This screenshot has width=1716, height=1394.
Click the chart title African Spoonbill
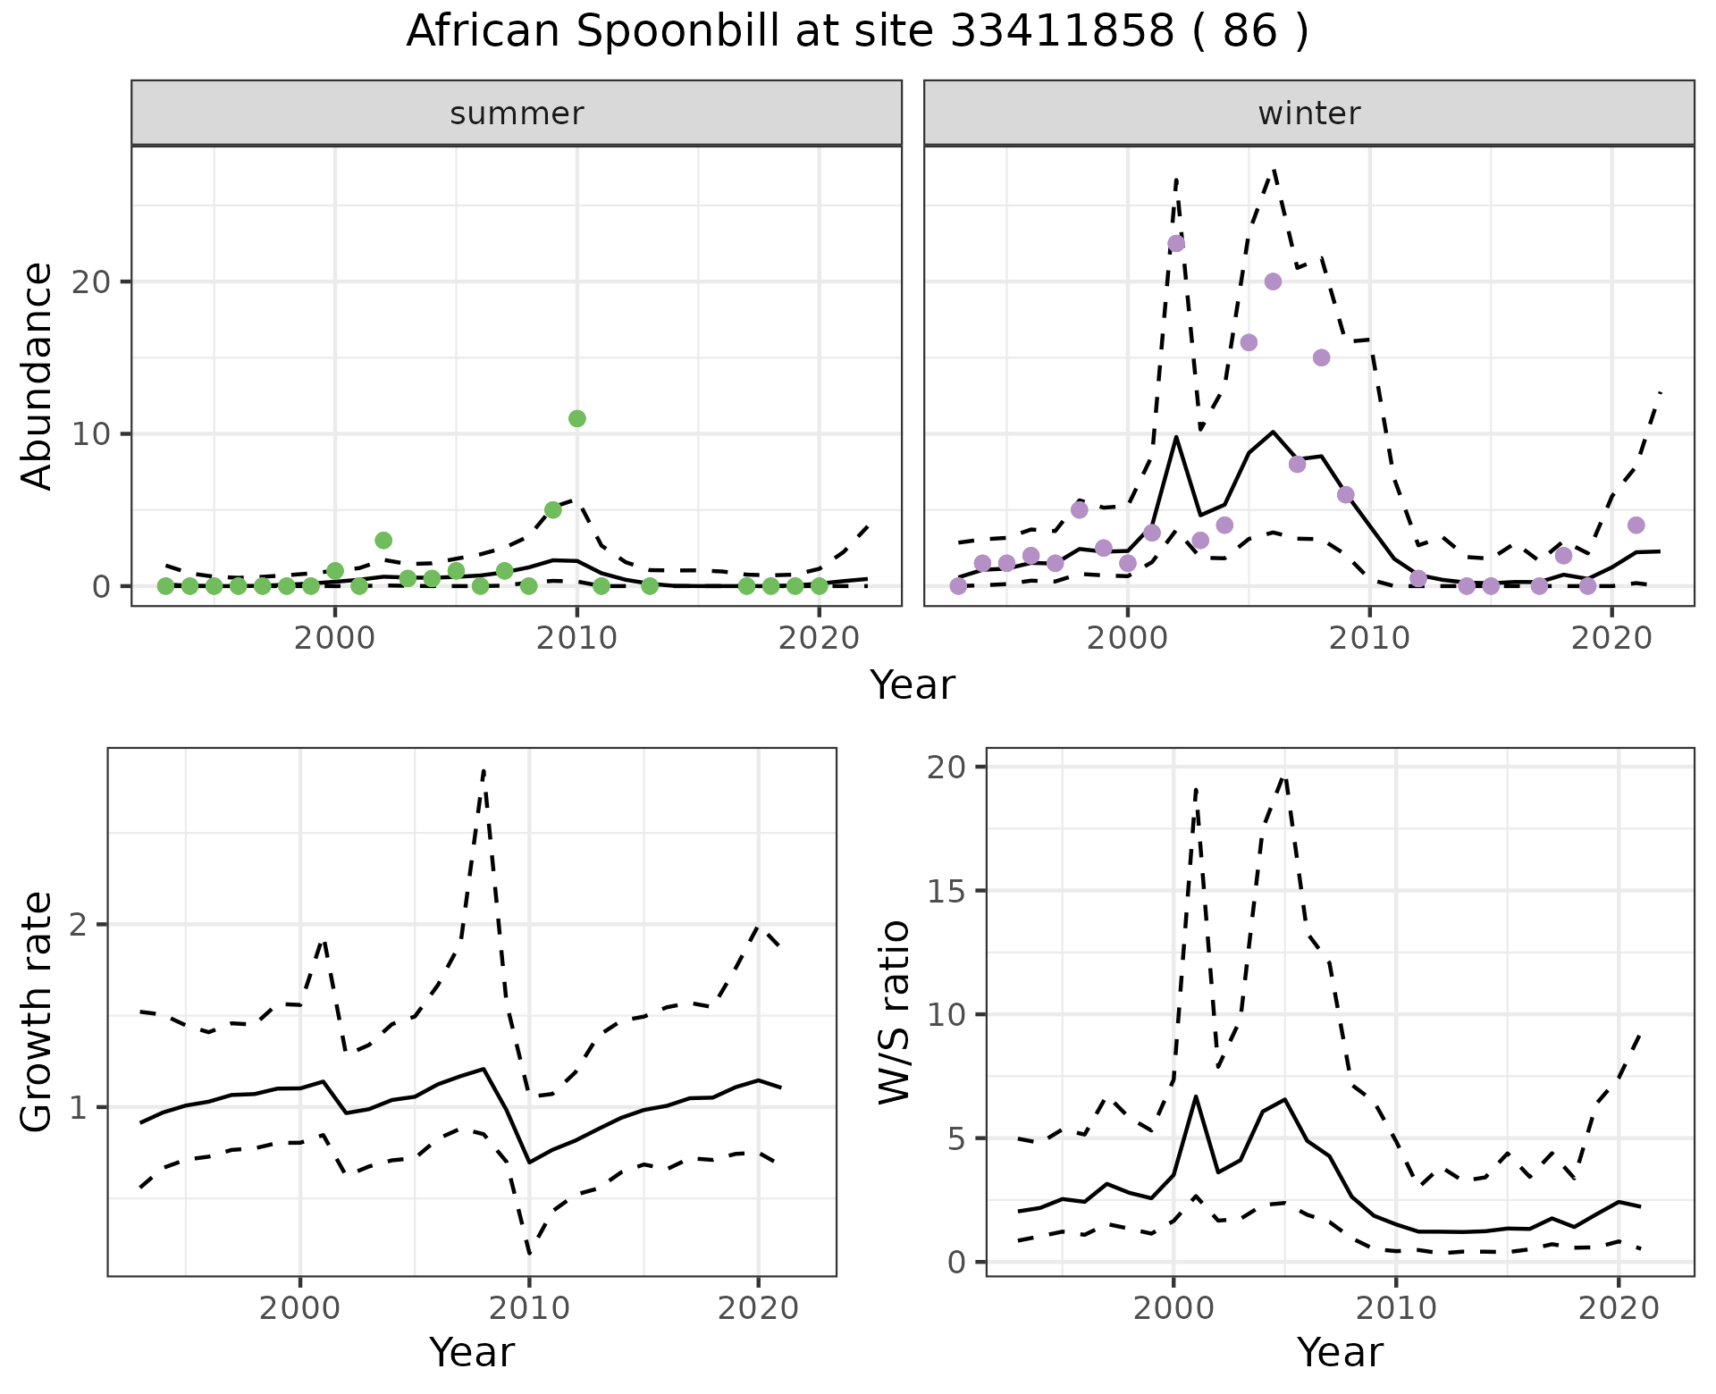(857, 32)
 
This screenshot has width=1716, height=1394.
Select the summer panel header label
(517, 113)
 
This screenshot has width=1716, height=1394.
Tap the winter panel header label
(1308, 113)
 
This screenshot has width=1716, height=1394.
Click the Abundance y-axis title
(38, 376)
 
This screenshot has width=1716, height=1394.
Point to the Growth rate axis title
(38, 1012)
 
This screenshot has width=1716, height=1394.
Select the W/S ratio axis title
(895, 1012)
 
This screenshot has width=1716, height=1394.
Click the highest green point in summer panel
(576, 418)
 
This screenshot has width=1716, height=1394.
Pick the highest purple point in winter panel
(1176, 243)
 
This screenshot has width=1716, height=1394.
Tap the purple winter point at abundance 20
(1273, 281)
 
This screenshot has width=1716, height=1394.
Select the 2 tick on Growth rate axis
(80, 925)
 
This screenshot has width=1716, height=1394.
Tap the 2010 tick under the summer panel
(576, 639)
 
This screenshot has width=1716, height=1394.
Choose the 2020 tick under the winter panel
(1611, 639)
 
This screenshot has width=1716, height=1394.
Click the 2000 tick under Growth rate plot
(299, 1309)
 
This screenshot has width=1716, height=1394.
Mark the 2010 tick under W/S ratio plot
(1395, 1309)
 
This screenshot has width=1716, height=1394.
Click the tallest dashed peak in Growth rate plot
(484, 770)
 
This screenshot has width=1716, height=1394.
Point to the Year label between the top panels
(912, 685)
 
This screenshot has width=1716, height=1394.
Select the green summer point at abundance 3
(383, 540)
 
